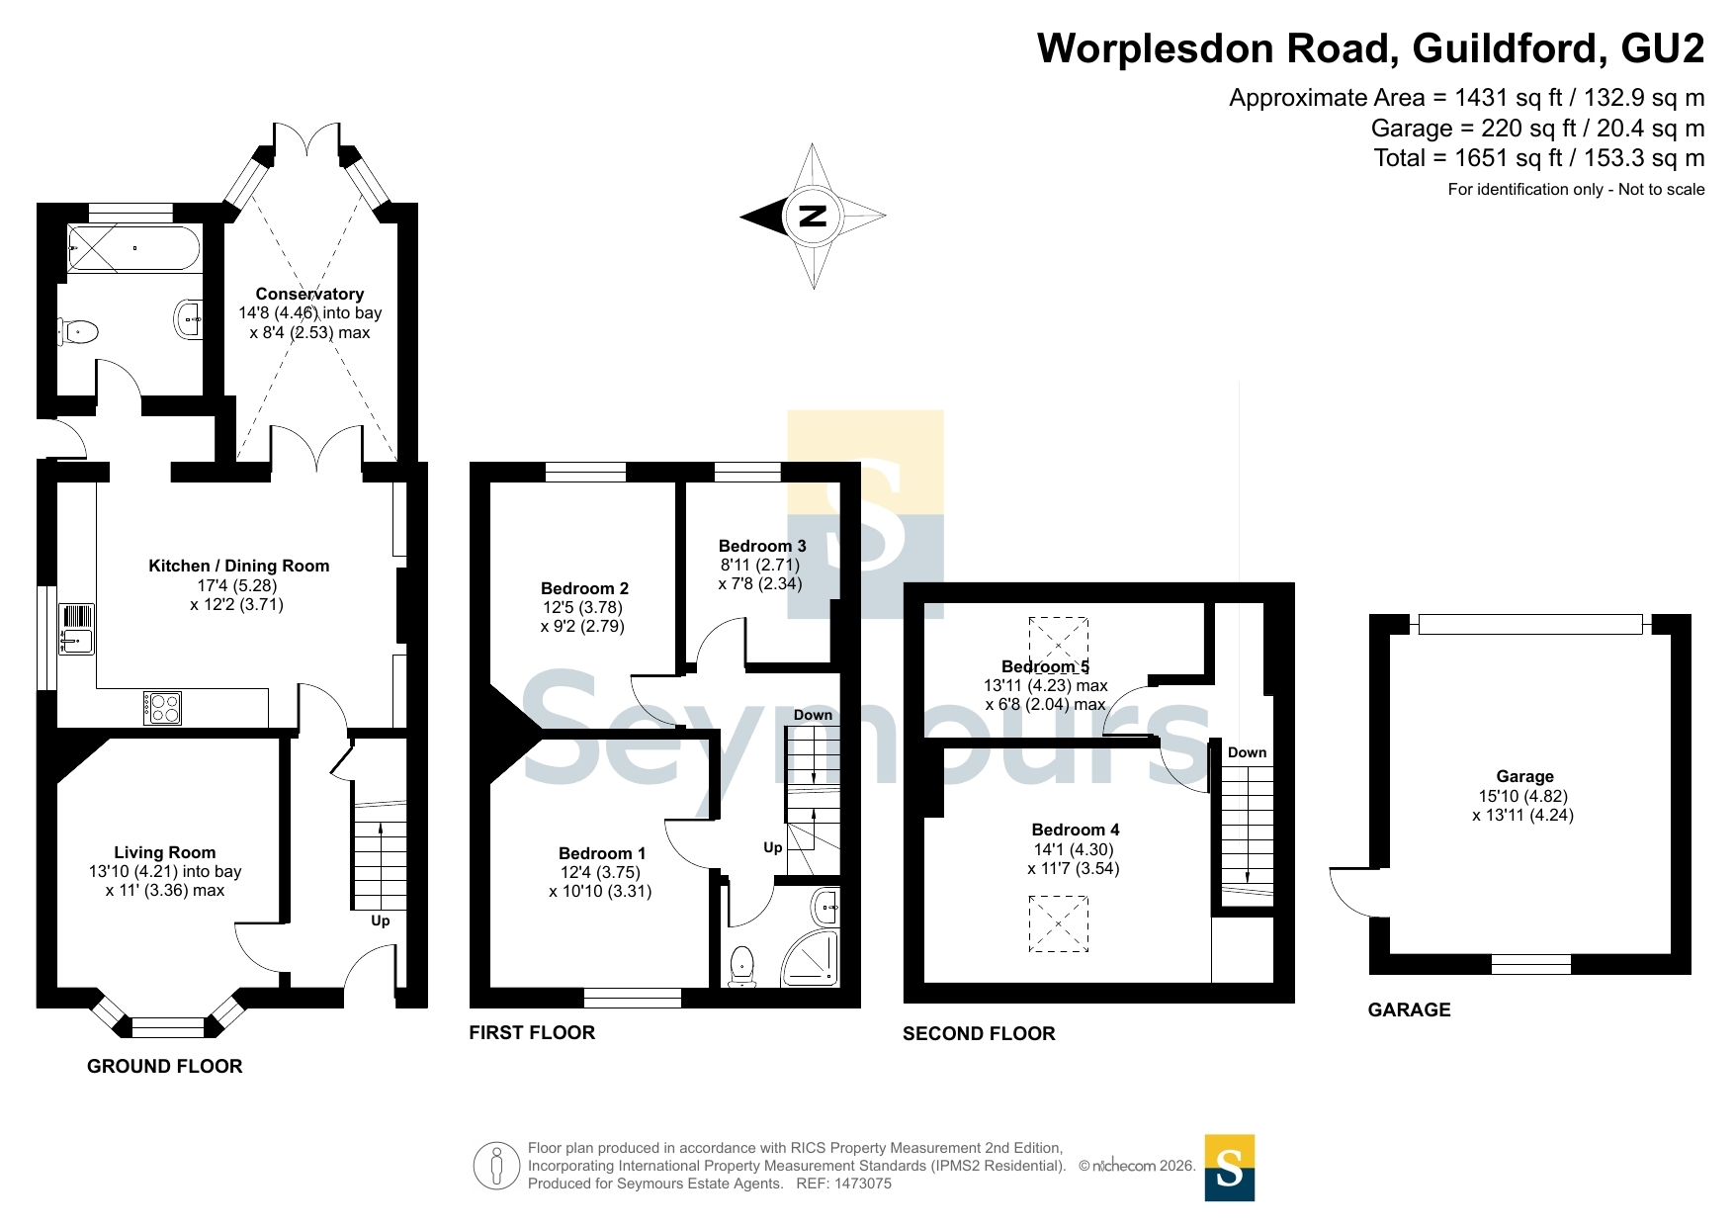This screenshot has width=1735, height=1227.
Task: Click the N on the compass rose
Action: [813, 216]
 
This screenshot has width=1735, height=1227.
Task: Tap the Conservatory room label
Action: [309, 294]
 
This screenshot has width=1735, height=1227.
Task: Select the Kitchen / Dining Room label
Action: [239, 566]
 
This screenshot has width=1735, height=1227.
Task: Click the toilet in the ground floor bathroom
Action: [78, 331]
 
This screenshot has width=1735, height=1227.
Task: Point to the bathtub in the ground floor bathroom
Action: [134, 247]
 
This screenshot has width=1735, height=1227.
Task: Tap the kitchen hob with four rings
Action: [163, 707]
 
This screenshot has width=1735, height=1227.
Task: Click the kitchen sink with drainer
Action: [76, 629]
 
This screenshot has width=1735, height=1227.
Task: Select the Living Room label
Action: [165, 852]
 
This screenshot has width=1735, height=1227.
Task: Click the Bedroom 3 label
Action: [762, 546]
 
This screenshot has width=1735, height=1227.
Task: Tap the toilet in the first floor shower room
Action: [742, 967]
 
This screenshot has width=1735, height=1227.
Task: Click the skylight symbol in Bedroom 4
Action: [1059, 923]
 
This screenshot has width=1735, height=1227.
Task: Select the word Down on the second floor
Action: [1248, 752]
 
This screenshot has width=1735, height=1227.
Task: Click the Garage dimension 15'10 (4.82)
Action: [1523, 796]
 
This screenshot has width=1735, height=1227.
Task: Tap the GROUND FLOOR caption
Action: [165, 1066]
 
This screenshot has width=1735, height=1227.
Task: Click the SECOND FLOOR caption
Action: [979, 1033]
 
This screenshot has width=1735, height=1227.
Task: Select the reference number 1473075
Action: [863, 1183]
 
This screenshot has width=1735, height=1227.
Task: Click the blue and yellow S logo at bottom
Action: [1230, 1168]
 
